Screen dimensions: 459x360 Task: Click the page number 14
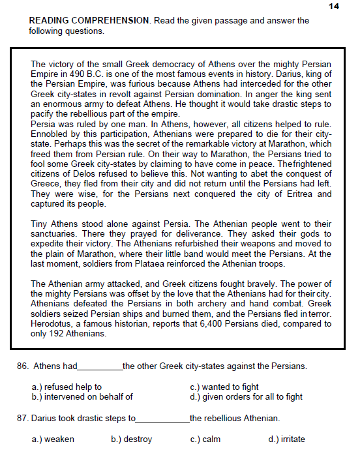pos(334,6)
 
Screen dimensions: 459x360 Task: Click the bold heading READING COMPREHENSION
pos(89,21)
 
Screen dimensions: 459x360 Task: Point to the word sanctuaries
pos(56,233)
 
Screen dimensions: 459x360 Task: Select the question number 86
pos(22,366)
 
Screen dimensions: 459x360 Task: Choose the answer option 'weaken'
pos(59,439)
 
